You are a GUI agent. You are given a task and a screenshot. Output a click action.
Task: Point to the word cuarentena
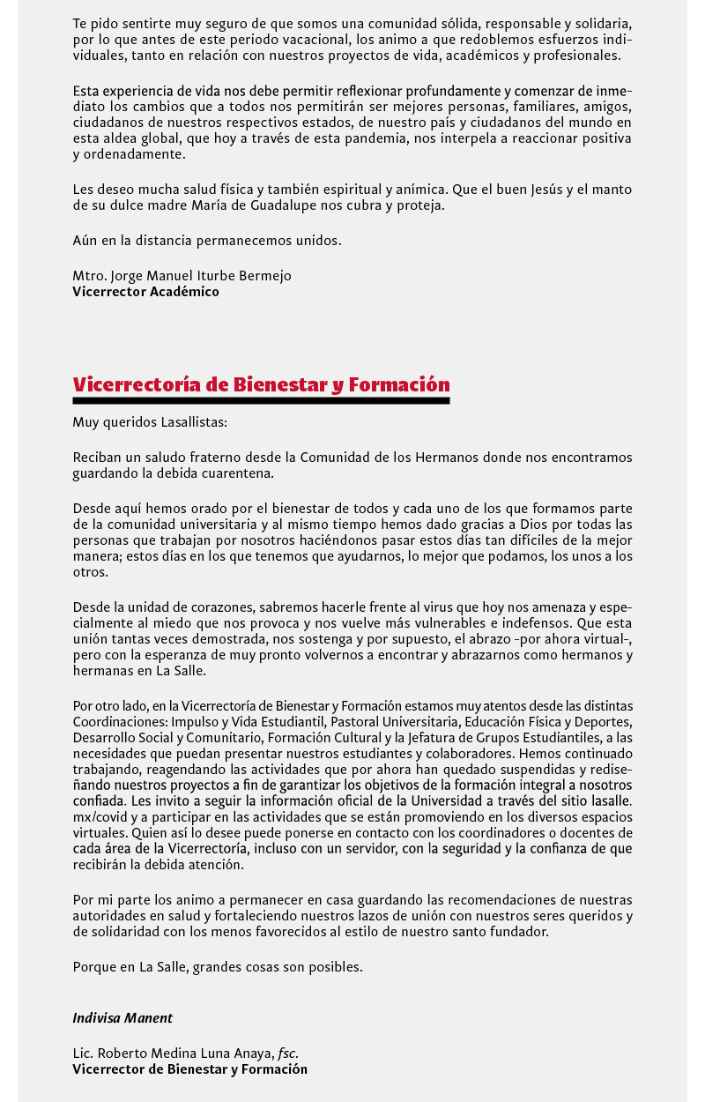236,473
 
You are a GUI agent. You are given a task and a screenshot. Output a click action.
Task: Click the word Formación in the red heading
399,385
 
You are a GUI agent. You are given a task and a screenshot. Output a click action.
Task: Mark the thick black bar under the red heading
261,401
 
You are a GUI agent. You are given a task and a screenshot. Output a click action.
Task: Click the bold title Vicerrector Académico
145,292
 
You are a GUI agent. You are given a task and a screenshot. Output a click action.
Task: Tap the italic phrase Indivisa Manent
122,1018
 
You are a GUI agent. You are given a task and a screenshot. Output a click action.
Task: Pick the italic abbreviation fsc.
288,1054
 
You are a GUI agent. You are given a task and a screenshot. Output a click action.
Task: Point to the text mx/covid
99,817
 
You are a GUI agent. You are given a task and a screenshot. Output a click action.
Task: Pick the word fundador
520,932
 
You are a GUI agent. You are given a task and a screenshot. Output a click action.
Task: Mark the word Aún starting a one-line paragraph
85,241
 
